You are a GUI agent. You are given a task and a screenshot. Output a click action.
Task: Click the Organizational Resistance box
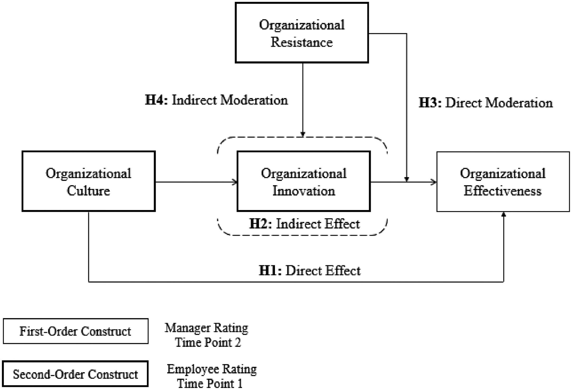point(302,33)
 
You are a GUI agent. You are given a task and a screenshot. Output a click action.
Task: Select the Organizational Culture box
point(88,181)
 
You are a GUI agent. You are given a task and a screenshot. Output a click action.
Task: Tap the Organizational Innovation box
point(304,181)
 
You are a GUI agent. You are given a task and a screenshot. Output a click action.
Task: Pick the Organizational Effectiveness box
point(503,182)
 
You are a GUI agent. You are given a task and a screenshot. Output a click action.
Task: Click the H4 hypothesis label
point(156,100)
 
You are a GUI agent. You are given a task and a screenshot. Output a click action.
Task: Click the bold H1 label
point(270,271)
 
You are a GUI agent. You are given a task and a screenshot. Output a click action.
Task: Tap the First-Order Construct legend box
point(75,331)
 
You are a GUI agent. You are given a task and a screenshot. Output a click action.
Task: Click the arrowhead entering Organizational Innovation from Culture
point(235,182)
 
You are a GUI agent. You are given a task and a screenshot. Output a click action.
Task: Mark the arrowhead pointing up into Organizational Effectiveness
point(504,214)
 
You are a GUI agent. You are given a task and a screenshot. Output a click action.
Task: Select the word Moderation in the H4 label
point(254,100)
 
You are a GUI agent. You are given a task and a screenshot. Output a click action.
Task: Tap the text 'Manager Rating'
point(206,328)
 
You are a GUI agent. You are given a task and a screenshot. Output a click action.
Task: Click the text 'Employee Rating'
point(212,369)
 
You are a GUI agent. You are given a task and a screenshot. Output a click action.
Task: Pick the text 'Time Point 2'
point(208,343)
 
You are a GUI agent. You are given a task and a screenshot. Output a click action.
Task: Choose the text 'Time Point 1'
point(210,384)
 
